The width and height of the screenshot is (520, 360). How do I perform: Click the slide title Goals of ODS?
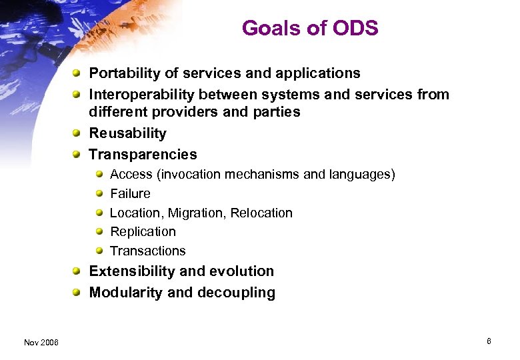pyautogui.click(x=310, y=28)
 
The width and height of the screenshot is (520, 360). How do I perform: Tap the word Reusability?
pyautogui.click(x=127, y=133)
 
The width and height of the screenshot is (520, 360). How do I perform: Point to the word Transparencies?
pyautogui.click(x=143, y=155)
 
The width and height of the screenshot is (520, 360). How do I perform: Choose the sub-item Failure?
pyautogui.click(x=130, y=194)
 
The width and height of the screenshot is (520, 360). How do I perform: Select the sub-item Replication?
pyautogui.click(x=143, y=232)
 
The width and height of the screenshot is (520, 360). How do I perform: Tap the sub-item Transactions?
pyautogui.click(x=147, y=251)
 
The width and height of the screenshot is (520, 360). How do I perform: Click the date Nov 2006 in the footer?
pyautogui.click(x=41, y=342)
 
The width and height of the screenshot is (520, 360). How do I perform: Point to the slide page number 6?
pyautogui.click(x=489, y=341)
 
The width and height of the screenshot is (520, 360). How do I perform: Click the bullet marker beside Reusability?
pyautogui.click(x=77, y=133)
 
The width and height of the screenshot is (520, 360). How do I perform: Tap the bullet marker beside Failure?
pyautogui.click(x=99, y=194)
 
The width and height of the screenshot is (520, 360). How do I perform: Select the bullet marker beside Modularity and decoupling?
pyautogui.click(x=77, y=293)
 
